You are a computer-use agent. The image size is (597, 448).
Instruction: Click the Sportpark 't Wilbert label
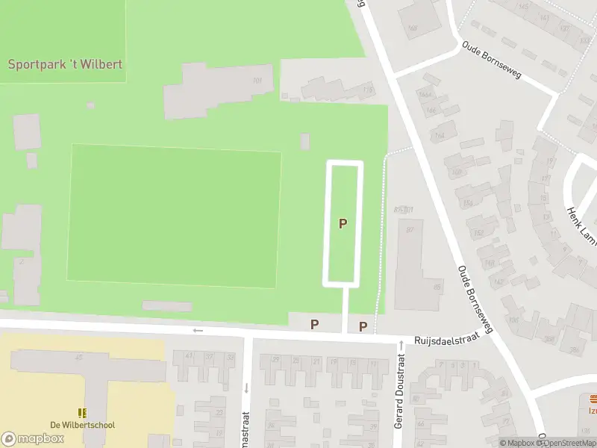click(65, 64)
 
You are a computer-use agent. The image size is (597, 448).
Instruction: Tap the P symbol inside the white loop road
click(343, 223)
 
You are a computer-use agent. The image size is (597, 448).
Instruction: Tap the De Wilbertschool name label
click(82, 425)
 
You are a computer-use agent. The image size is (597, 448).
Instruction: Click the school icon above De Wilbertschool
click(82, 412)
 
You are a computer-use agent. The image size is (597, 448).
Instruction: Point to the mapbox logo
click(33, 438)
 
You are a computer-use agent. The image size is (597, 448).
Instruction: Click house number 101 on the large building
click(257, 81)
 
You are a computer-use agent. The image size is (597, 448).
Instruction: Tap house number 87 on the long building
click(410, 229)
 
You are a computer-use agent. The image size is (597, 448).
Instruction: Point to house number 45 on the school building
click(78, 357)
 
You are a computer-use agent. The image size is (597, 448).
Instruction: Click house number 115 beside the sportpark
click(366, 90)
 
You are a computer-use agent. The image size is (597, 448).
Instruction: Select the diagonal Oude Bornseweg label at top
click(491, 60)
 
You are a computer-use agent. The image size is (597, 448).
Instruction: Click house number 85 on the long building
click(437, 286)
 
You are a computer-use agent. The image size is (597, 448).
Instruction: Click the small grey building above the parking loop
click(304, 141)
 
